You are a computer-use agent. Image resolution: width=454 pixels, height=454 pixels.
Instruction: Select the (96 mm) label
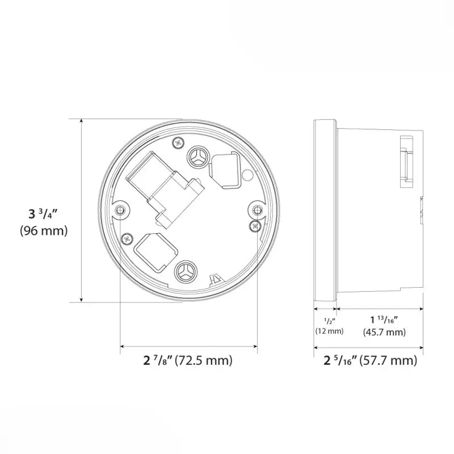click(44, 231)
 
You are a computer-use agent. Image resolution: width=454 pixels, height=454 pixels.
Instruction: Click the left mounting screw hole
click(120, 211)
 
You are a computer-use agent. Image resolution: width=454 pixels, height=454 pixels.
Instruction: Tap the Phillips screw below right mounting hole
click(253, 226)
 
